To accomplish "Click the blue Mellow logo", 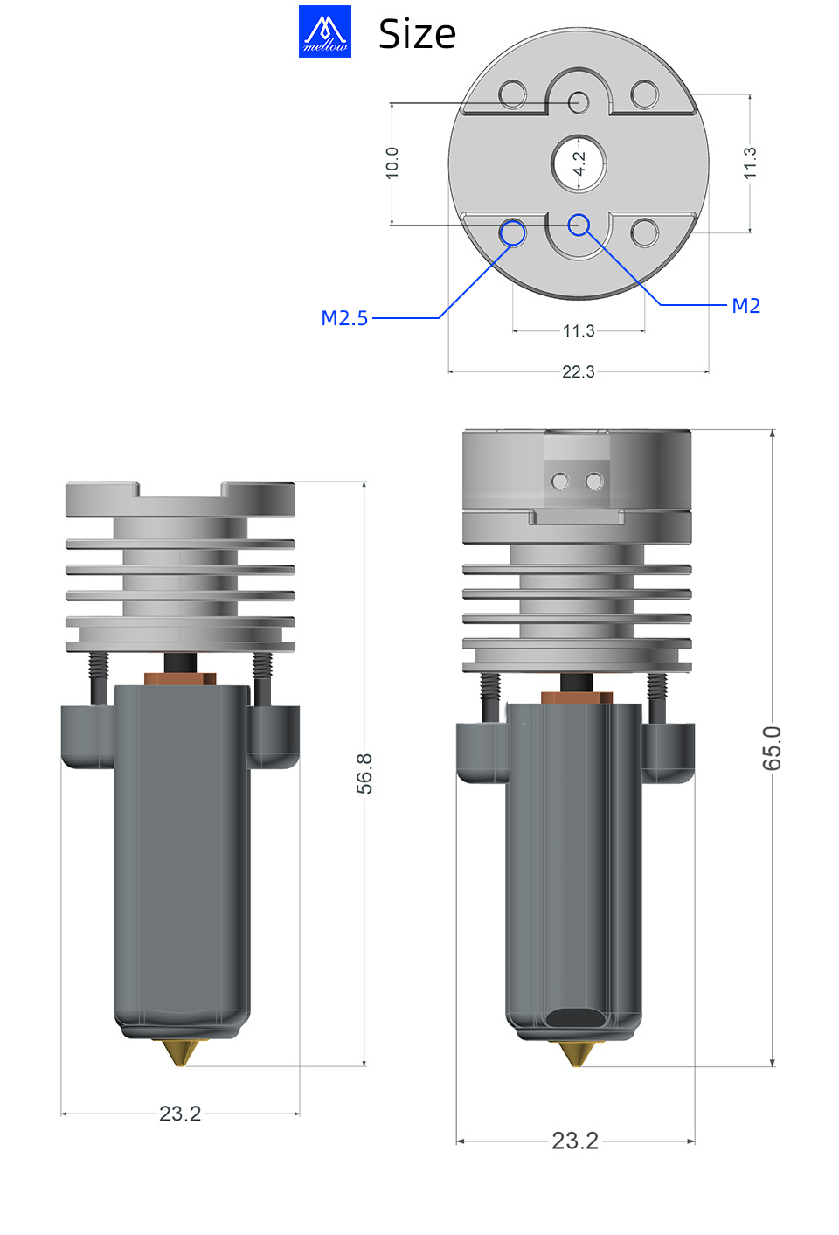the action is point(325,31).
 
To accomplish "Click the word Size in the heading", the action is point(417,34).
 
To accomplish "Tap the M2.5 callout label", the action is point(344,318).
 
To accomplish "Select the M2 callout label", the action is point(745,305).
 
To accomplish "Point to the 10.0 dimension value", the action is point(392,163).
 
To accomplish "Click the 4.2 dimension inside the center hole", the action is point(579,163).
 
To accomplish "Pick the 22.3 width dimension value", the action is point(579,372).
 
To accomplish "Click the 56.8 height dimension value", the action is point(364,774).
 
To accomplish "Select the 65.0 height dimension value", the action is point(772,748).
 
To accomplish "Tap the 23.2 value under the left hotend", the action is point(180,1114).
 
